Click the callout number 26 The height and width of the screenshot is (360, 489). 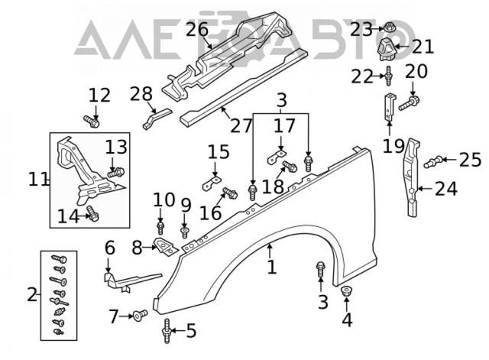[197, 30]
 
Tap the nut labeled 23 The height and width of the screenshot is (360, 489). [389, 28]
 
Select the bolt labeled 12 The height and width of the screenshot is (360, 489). [92, 122]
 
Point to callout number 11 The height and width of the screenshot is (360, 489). [38, 180]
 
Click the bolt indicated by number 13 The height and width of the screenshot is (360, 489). [116, 172]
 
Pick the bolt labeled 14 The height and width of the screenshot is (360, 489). [92, 214]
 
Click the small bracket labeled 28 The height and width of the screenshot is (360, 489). [157, 118]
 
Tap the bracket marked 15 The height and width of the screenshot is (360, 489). [212, 183]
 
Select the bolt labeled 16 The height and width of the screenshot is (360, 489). [230, 193]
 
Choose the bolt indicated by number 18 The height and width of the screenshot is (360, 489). [290, 167]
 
